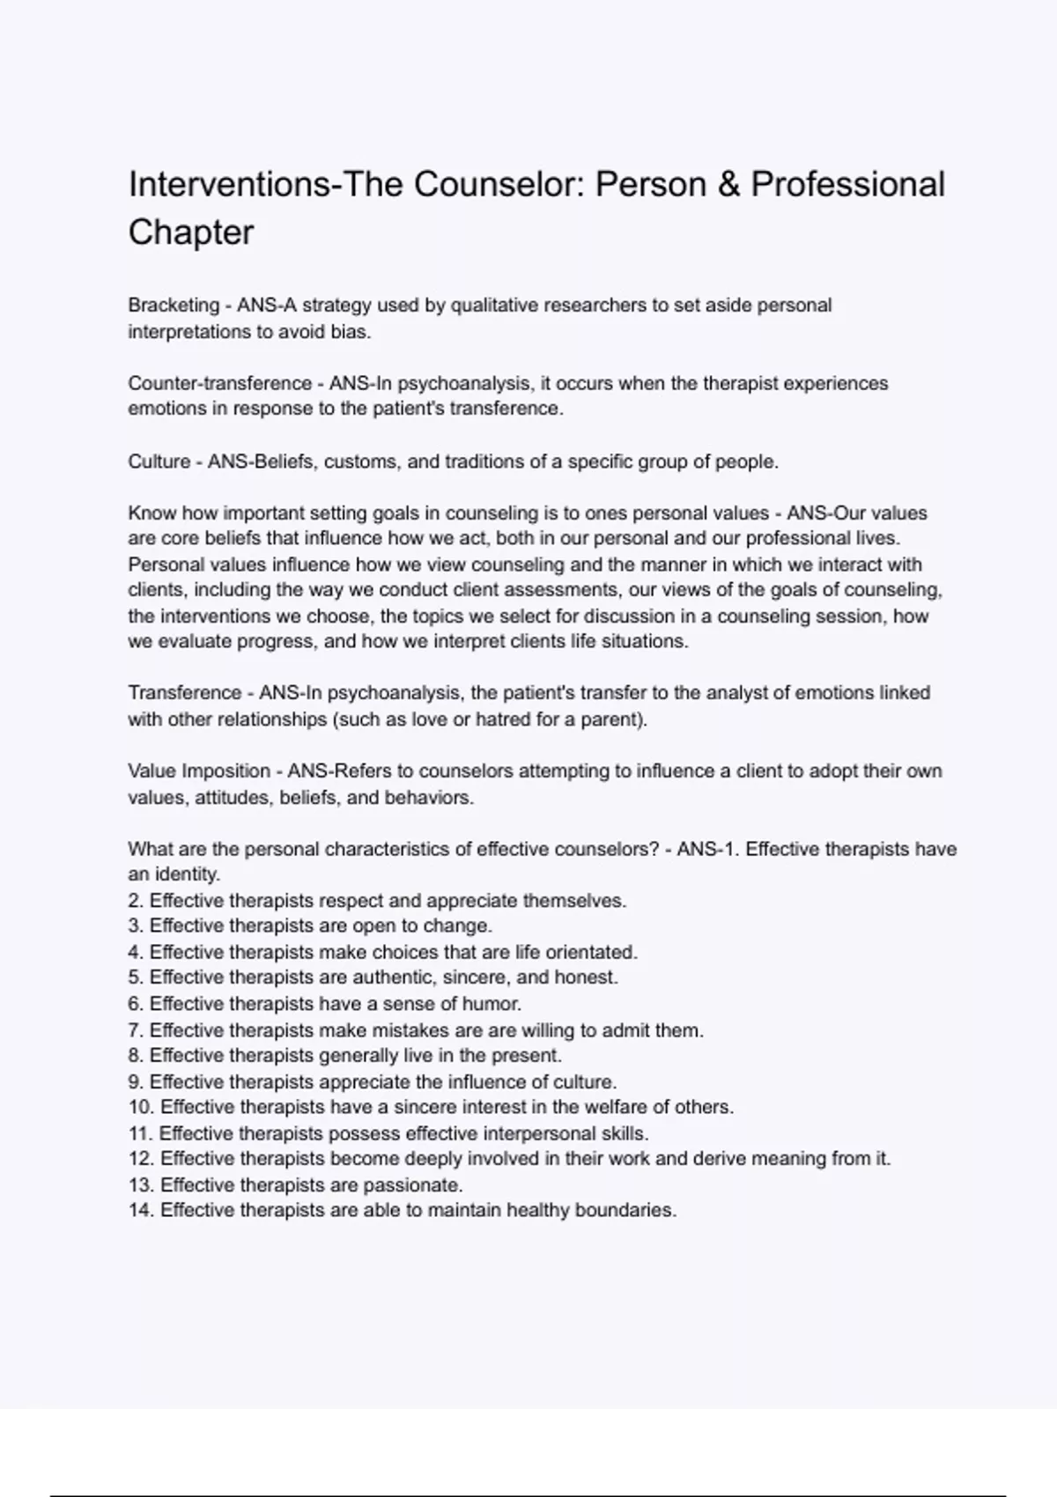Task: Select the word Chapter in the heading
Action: [x=191, y=232]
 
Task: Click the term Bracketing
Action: [x=174, y=306]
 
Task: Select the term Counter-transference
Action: [x=220, y=384]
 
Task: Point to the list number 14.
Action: [x=141, y=1211]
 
